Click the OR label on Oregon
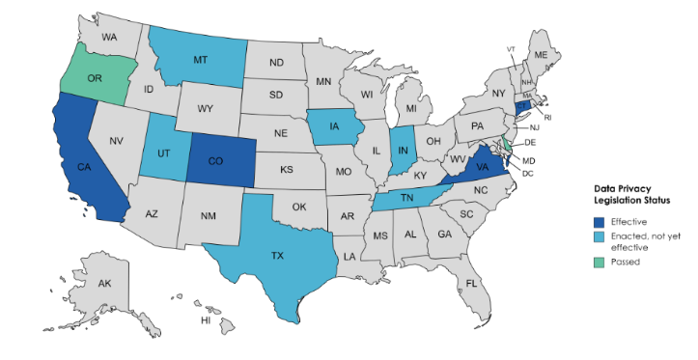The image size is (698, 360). click(95, 77)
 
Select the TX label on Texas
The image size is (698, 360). click(277, 256)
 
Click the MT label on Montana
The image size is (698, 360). click(200, 59)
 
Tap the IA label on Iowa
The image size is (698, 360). click(332, 125)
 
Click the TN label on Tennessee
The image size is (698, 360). click(406, 197)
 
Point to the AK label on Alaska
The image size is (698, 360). click(105, 284)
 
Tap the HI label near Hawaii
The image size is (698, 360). click(206, 319)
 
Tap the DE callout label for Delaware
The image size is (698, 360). click(530, 143)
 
